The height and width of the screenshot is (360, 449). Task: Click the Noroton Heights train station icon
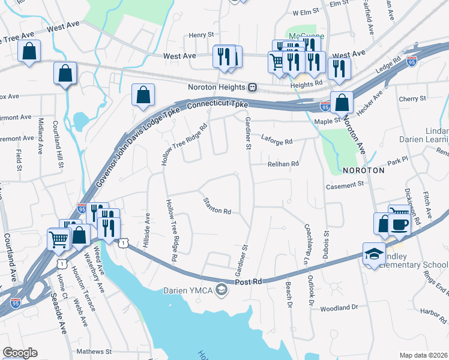253,88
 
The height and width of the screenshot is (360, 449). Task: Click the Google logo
20,353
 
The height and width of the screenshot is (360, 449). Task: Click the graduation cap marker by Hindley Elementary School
373,253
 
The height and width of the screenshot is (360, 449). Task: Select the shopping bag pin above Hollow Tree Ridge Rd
143,95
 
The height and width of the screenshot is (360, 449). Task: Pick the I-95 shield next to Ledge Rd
411,61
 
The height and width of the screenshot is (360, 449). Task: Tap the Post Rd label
249,281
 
